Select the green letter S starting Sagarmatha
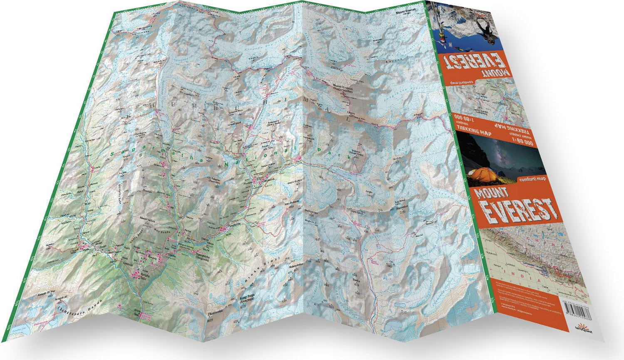coord(114,154)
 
